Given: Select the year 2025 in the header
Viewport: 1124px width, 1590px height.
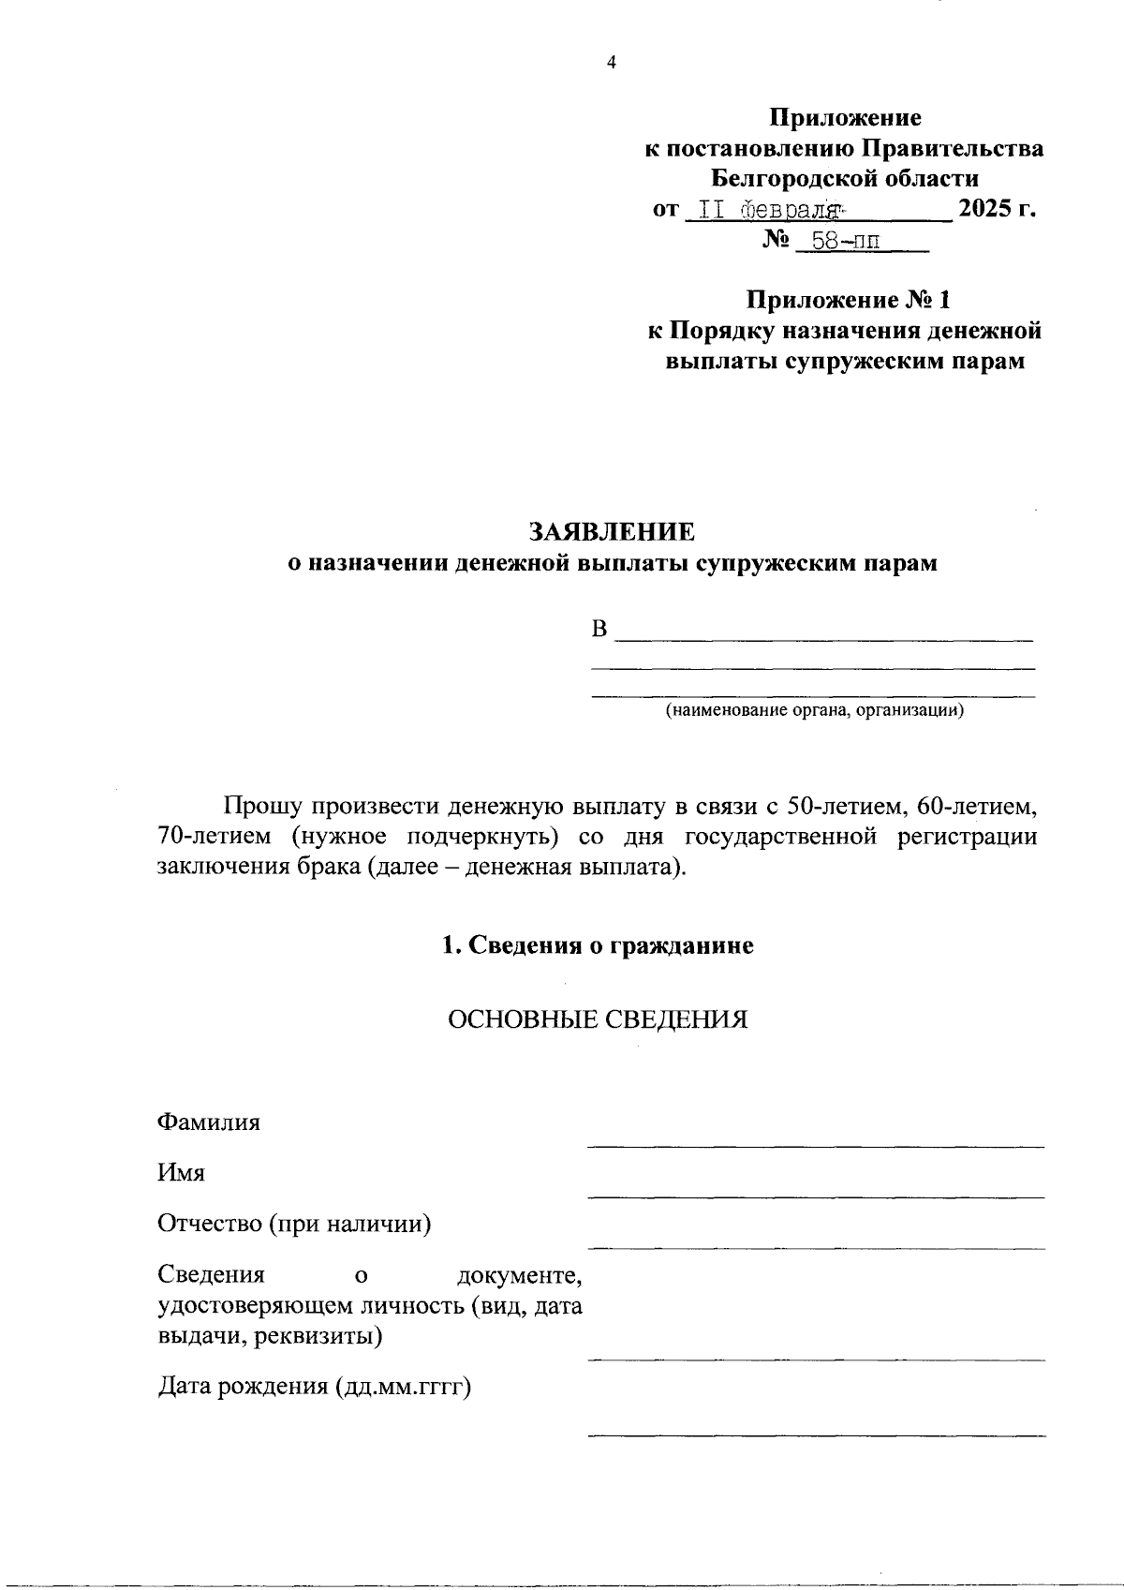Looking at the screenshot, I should pos(984,209).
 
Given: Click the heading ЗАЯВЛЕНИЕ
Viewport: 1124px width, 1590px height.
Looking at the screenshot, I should pos(612,532).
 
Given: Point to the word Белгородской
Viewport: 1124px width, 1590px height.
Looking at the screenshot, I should pos(797,178).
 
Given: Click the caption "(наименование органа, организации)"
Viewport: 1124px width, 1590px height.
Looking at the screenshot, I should pos(814,710).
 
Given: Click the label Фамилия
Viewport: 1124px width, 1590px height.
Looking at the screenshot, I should pos(209,1122).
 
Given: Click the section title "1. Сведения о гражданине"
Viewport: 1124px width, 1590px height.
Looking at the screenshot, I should pos(598,946).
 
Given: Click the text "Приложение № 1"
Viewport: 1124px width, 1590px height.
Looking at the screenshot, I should pos(848,301).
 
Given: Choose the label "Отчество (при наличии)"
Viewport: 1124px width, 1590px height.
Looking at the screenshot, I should pos(294,1224).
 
